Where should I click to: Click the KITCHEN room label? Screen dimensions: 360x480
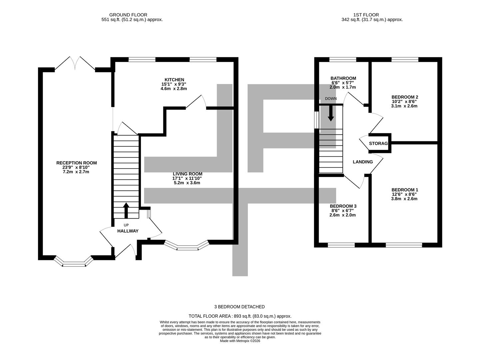[174, 80]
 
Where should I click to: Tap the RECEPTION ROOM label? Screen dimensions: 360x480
[76, 163]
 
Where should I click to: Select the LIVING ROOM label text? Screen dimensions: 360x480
[187, 174]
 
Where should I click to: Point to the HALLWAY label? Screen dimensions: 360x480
[128, 231]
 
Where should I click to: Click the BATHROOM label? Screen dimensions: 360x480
[343, 78]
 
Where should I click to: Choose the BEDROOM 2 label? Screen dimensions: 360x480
[405, 97]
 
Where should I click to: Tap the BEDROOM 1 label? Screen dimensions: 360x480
[405, 190]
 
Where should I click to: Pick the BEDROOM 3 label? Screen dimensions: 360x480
[343, 206]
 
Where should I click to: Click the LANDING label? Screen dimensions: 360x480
[363, 162]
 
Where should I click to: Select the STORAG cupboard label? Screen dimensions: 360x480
[378, 144]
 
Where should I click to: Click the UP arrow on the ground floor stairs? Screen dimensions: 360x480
[126, 210]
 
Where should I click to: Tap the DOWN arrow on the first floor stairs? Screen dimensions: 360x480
[331, 114]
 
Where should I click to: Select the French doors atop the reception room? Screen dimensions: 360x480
[75, 63]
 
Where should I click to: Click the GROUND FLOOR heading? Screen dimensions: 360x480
[128, 15]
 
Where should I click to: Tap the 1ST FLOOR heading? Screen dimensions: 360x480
[366, 15]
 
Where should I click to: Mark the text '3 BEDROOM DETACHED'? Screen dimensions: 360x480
[240, 307]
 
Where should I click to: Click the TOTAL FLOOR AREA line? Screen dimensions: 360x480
[240, 316]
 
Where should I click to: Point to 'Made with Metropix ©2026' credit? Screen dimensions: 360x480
[240, 341]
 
